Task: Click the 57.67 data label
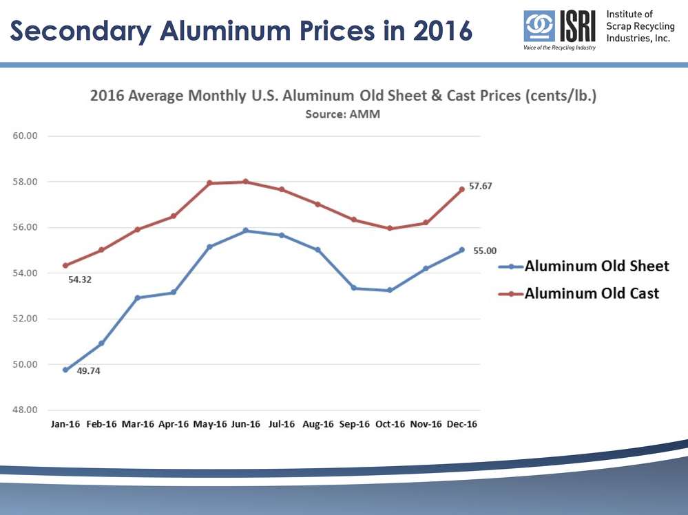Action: (x=481, y=186)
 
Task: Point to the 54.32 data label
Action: (x=81, y=280)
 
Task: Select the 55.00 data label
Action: (x=485, y=251)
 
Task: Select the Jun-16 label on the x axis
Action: (x=246, y=424)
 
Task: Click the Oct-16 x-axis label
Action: (x=390, y=424)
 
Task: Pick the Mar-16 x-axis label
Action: (x=138, y=424)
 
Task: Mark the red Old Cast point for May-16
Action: (x=210, y=183)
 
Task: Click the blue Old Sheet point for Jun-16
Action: (x=246, y=231)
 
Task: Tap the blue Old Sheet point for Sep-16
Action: (x=354, y=288)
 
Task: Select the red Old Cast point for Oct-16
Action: (x=390, y=228)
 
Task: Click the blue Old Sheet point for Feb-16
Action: (x=101, y=343)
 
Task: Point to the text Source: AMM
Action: (x=342, y=114)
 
